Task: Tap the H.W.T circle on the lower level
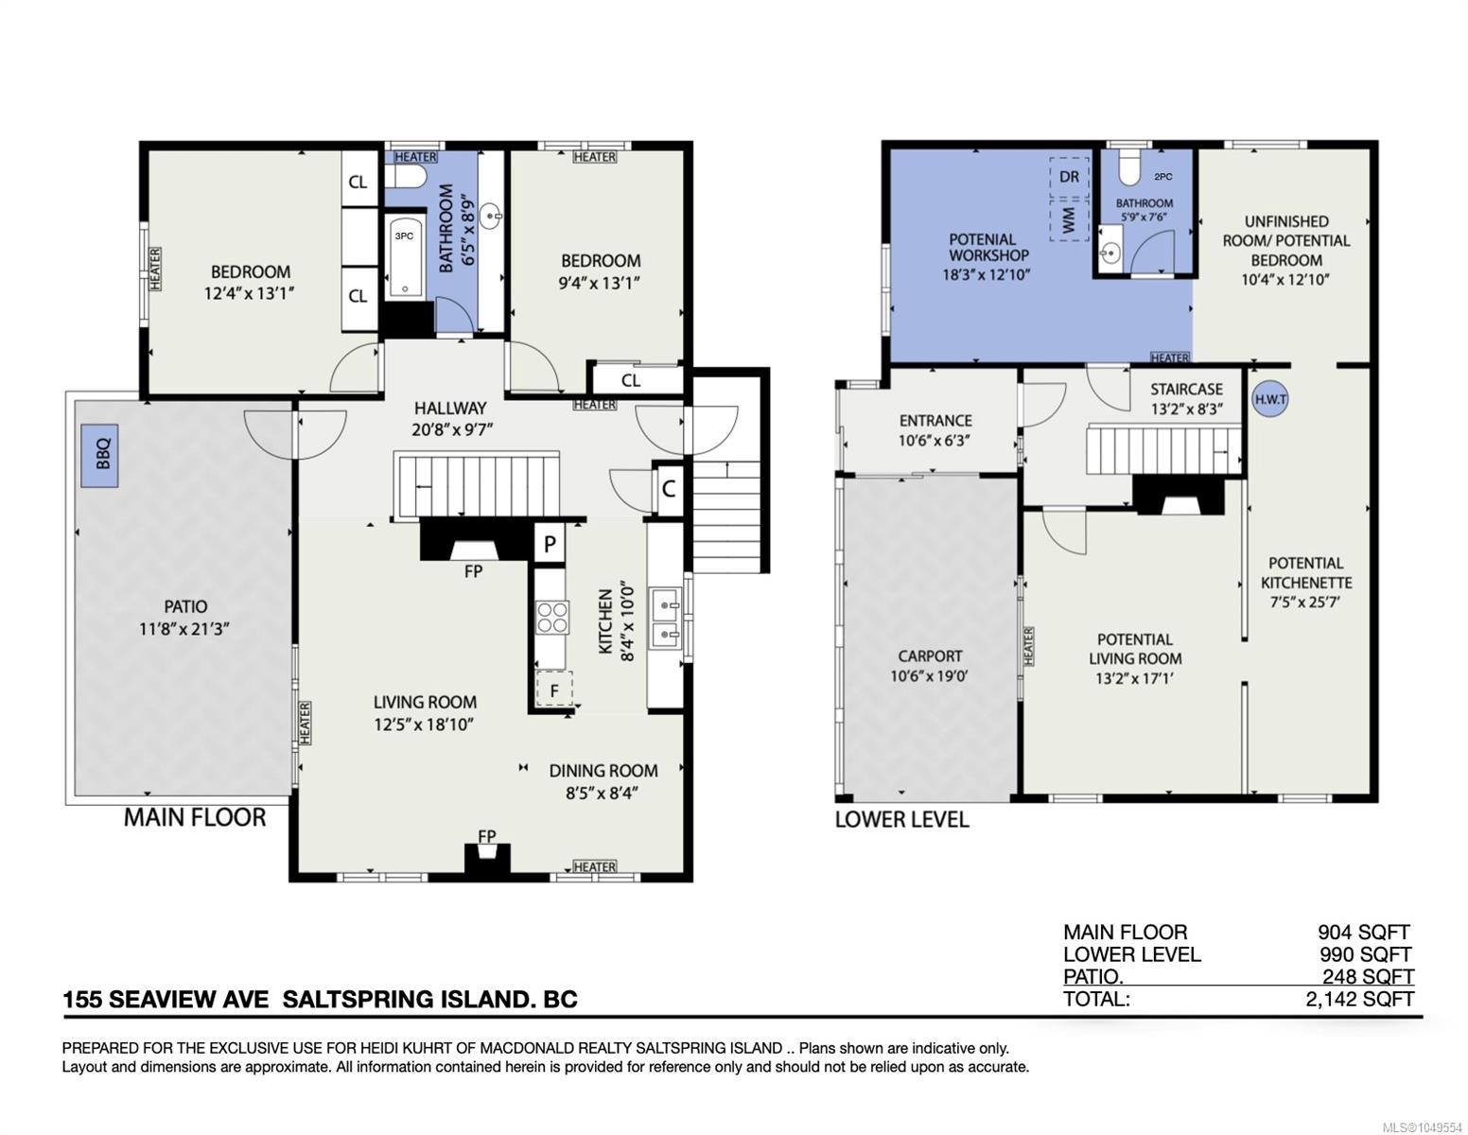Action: pos(1270,399)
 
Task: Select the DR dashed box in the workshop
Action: pos(1069,177)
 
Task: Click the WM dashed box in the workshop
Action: pos(1069,220)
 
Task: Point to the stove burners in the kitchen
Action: pos(552,617)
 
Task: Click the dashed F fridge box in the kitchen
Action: pos(554,690)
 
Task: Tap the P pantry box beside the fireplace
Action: pos(550,543)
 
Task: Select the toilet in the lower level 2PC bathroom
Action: pos(1128,166)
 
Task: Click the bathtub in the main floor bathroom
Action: pos(405,256)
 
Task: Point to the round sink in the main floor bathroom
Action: pos(491,217)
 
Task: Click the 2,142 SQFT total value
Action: pos(1359,999)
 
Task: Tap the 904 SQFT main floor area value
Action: pos(1363,932)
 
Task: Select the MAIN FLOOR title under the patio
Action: pos(195,817)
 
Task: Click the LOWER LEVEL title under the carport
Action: pos(901,820)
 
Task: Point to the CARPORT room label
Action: pos(930,655)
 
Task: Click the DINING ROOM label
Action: pos(603,771)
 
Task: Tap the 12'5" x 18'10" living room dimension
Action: pos(425,725)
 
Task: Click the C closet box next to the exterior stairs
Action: pos(669,489)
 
